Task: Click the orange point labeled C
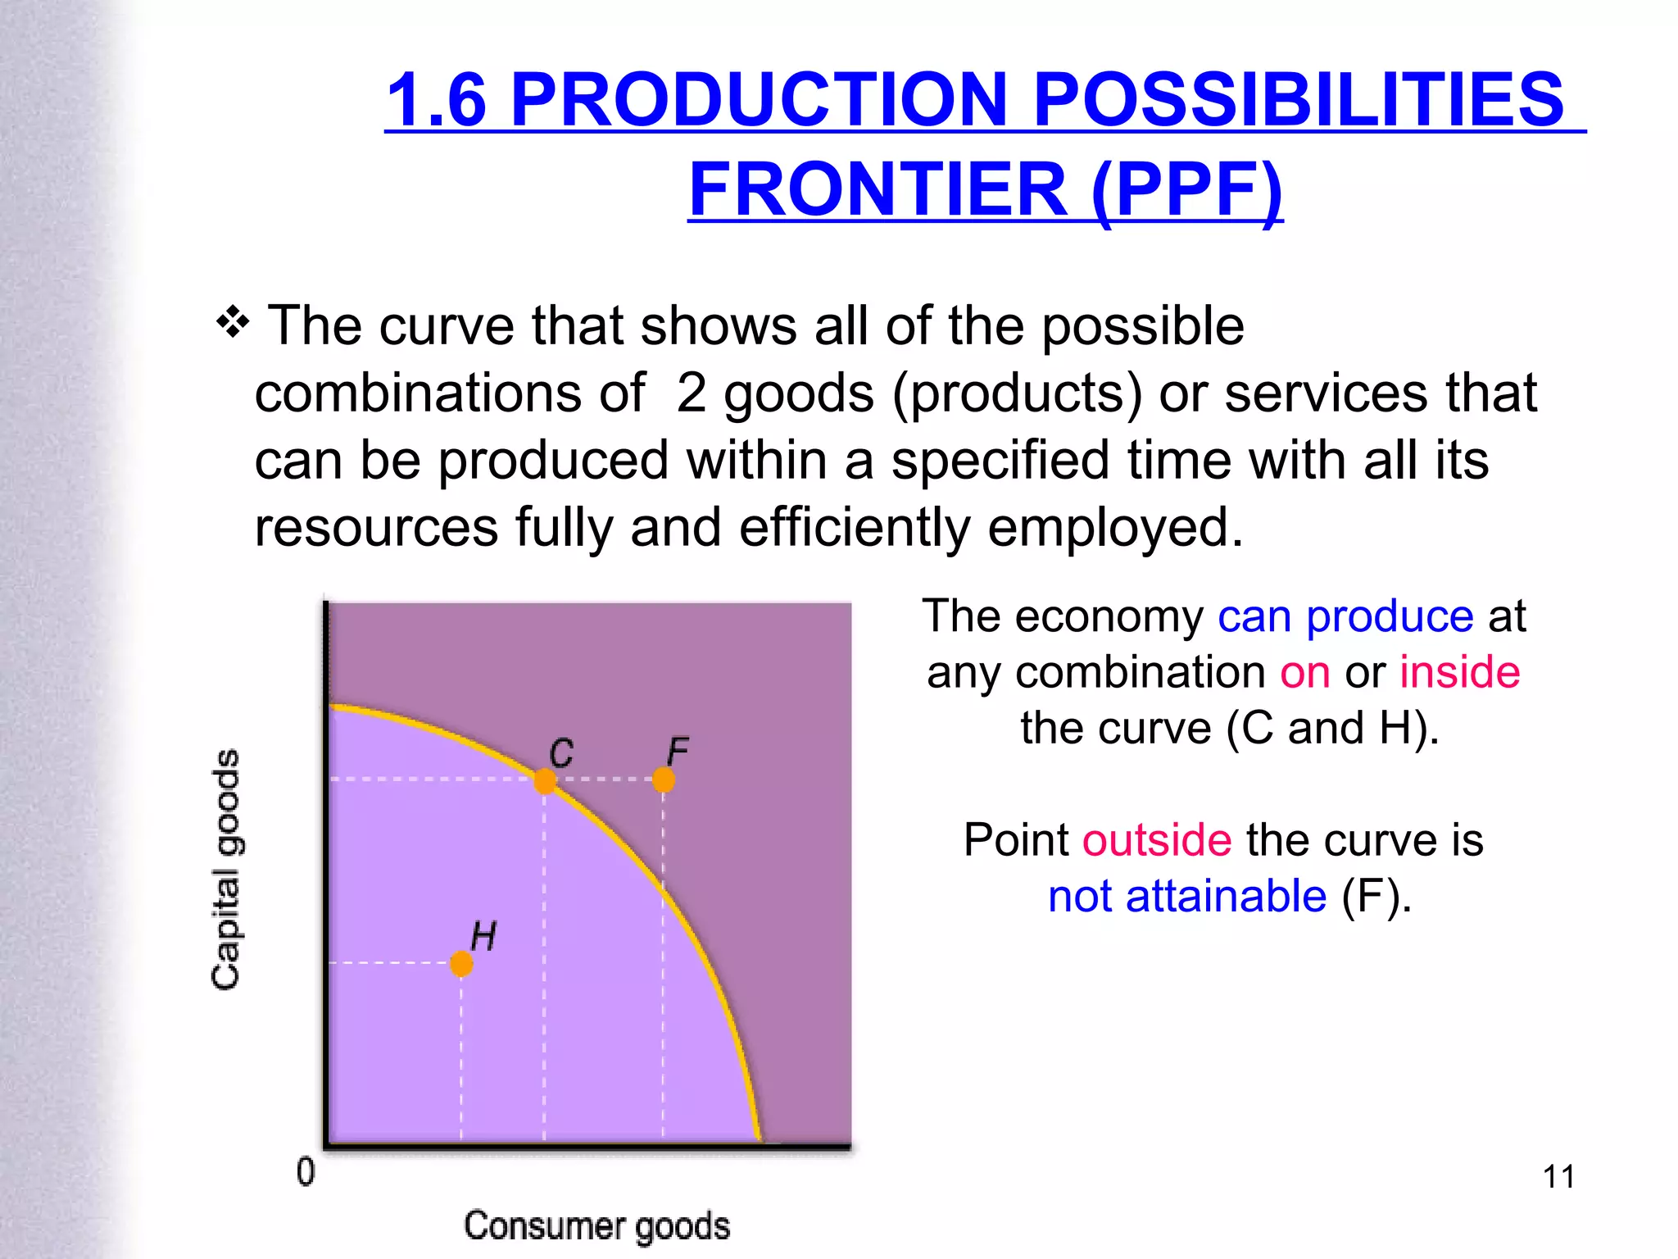pyautogui.click(x=545, y=780)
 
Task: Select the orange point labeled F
pyautogui.click(x=664, y=779)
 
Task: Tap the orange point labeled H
pyautogui.click(x=461, y=964)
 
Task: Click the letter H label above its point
pyautogui.click(x=483, y=936)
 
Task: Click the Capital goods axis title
pyautogui.click(x=226, y=869)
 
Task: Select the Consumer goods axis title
pyautogui.click(x=596, y=1225)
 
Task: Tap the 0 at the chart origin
pyautogui.click(x=306, y=1172)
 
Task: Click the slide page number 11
pyautogui.click(x=1558, y=1176)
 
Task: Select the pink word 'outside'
pyautogui.click(x=1157, y=840)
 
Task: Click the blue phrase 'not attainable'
pyautogui.click(x=1187, y=896)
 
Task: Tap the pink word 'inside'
pyautogui.click(x=1459, y=672)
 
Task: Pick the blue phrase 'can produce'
pyautogui.click(x=1345, y=616)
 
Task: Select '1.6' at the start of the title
pyautogui.click(x=436, y=100)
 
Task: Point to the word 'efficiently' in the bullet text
pyautogui.click(x=855, y=527)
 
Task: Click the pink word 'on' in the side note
pyautogui.click(x=1305, y=672)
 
